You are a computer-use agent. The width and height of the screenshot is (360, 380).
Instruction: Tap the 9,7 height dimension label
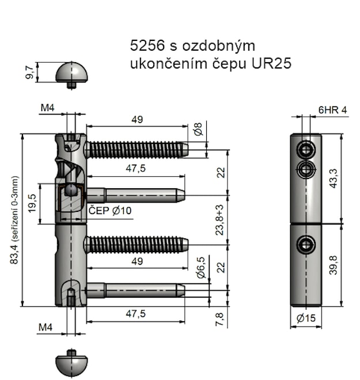click(x=29, y=73)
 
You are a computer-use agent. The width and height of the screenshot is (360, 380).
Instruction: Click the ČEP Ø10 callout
click(x=110, y=211)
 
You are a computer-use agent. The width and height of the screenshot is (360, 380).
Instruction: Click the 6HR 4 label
click(x=333, y=111)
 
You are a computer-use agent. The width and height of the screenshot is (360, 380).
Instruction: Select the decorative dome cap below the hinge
click(x=71, y=364)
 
